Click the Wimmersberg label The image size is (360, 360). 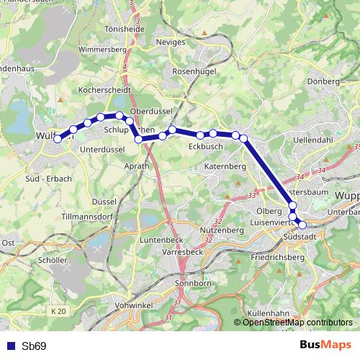point(103,50)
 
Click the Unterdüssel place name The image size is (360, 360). point(102,149)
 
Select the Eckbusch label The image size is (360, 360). point(204,146)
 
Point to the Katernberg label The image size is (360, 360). point(225,166)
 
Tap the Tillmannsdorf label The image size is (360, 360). point(87,216)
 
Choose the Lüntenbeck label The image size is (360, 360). point(162,240)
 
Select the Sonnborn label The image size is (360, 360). point(192,284)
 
